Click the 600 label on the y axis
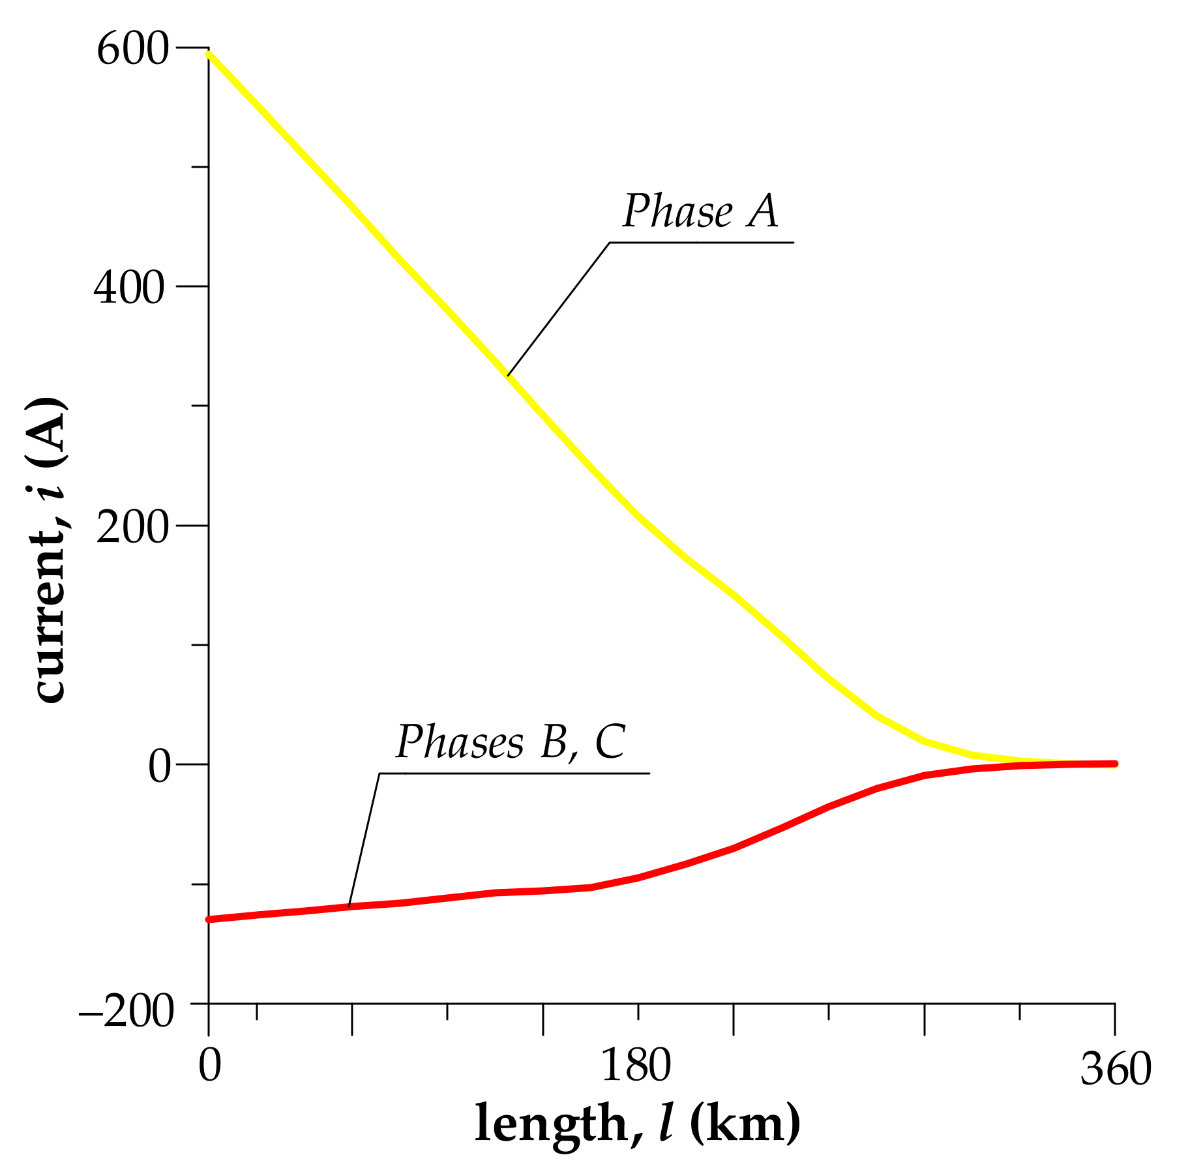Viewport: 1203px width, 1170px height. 132,50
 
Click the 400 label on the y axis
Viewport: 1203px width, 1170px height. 128,288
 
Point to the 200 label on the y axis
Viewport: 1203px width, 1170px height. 132,528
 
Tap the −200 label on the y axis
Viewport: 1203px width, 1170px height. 126,1013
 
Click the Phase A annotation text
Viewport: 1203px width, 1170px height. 700,211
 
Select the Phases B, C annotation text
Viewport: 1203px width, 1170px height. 511,742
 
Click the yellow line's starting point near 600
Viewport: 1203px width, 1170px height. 209,55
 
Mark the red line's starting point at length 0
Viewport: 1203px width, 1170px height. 209,920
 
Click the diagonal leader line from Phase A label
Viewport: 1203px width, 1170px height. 557,309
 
